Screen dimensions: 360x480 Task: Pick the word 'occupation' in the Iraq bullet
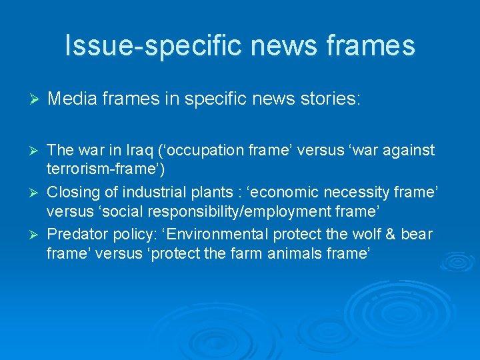pyautogui.click(x=227, y=150)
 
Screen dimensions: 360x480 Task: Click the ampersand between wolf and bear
pyautogui.click(x=389, y=235)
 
